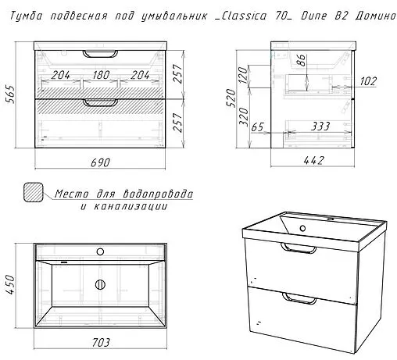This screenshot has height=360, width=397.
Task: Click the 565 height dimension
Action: click(11, 94)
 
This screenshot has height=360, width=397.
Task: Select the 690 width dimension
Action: click(101, 162)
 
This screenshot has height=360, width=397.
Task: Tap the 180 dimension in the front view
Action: click(101, 75)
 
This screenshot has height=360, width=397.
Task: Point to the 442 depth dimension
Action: click(314, 160)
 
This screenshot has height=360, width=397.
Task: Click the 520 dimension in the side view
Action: click(231, 98)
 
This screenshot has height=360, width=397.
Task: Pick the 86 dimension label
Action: click(301, 60)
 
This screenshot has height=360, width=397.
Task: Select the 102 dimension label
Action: click(368, 81)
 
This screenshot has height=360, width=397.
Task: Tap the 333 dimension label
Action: click(320, 127)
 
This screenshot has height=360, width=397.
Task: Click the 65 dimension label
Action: click(257, 127)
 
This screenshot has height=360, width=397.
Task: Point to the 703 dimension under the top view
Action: click(101, 343)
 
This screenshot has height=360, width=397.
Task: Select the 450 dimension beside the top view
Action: click(11, 284)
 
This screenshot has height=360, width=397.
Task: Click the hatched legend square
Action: click(34, 192)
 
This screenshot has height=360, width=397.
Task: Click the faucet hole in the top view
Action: click(100, 251)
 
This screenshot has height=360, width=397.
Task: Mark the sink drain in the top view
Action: click(100, 284)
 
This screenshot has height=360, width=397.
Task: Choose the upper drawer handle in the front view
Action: click(100, 54)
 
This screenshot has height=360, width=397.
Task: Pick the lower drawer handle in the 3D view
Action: click(299, 298)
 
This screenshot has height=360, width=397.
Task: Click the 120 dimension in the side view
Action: click(242, 75)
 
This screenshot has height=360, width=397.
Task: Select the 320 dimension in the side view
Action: click(244, 117)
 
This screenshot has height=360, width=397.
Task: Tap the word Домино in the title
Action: click(375, 16)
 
